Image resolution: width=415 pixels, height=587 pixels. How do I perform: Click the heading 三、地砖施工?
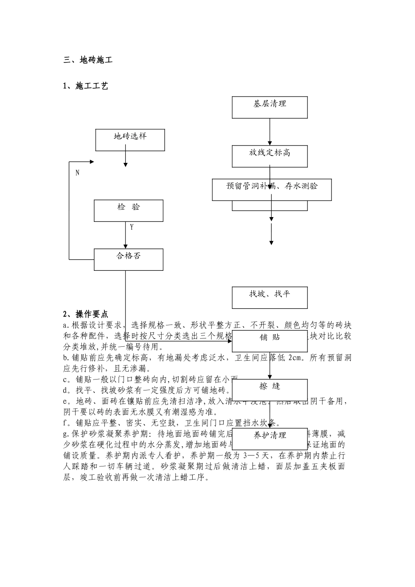[88, 60]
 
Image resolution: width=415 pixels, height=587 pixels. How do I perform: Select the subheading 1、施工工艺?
[86, 86]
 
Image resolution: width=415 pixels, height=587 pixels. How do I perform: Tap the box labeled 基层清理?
[270, 107]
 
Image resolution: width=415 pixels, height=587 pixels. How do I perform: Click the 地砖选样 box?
[130, 140]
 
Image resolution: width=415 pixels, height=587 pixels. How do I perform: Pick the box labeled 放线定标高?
[270, 156]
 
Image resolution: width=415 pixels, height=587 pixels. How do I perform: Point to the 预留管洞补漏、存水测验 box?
[272, 189]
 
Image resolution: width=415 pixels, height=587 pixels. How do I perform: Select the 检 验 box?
[128, 211]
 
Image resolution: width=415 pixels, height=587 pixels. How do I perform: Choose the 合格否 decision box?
[128, 259]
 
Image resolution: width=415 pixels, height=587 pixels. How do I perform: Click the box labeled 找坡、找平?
[270, 297]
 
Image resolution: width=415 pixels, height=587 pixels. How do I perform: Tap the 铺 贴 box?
[270, 341]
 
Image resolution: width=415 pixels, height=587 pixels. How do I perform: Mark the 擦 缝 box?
[270, 390]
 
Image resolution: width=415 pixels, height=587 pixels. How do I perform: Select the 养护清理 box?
[270, 439]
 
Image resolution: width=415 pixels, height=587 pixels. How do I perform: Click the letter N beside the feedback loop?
[77, 173]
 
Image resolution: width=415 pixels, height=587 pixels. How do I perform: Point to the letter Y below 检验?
[132, 228]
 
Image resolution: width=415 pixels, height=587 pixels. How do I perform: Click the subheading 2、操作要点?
[86, 314]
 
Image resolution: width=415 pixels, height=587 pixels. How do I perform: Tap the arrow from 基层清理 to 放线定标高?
[270, 131]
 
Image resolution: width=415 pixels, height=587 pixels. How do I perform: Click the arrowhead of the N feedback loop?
[92, 162]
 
